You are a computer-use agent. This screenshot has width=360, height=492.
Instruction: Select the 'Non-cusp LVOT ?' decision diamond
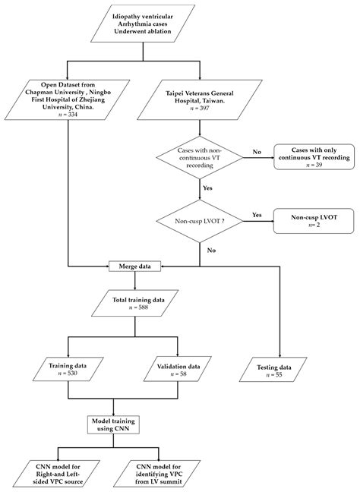(x=199, y=221)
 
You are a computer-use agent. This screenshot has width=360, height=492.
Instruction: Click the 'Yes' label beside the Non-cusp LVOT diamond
(x=256, y=215)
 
